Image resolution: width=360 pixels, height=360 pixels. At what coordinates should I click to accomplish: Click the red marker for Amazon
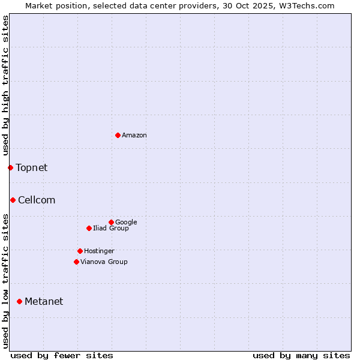pos(118,135)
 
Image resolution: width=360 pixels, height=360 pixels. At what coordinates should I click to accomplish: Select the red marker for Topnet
pos(10,167)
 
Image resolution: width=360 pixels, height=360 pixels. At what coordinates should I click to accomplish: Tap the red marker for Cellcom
pos(13,200)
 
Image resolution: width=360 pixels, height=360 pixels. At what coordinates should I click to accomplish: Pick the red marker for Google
pos(111,222)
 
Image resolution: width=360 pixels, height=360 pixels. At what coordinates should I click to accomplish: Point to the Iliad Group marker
pos(89,228)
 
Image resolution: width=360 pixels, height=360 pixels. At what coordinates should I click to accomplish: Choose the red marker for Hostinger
pos(80,251)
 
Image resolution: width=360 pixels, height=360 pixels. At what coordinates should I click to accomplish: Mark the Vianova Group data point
pos(76,262)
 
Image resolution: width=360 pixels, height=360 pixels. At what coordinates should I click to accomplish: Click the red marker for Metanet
pos(19,301)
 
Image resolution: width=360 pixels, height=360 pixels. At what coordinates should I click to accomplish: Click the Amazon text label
pos(134,136)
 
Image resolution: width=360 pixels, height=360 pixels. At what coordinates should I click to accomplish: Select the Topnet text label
pos(32,167)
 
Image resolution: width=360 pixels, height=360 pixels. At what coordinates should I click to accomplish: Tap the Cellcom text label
pos(37,200)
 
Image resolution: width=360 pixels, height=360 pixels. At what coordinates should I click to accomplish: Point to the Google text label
pos(126,222)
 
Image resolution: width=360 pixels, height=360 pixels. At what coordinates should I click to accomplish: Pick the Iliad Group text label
pos(111,228)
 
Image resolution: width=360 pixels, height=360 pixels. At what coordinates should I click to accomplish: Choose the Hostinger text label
pos(99,251)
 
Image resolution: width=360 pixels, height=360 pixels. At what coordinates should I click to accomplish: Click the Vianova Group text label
pos(104,262)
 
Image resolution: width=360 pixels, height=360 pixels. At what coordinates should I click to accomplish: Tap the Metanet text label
pos(44,302)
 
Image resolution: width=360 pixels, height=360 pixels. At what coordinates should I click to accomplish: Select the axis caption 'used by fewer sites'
pos(62,355)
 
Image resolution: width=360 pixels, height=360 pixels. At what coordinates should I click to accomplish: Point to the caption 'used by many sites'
pos(301,355)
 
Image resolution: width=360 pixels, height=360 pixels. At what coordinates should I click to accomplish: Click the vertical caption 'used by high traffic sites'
pos(5,85)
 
